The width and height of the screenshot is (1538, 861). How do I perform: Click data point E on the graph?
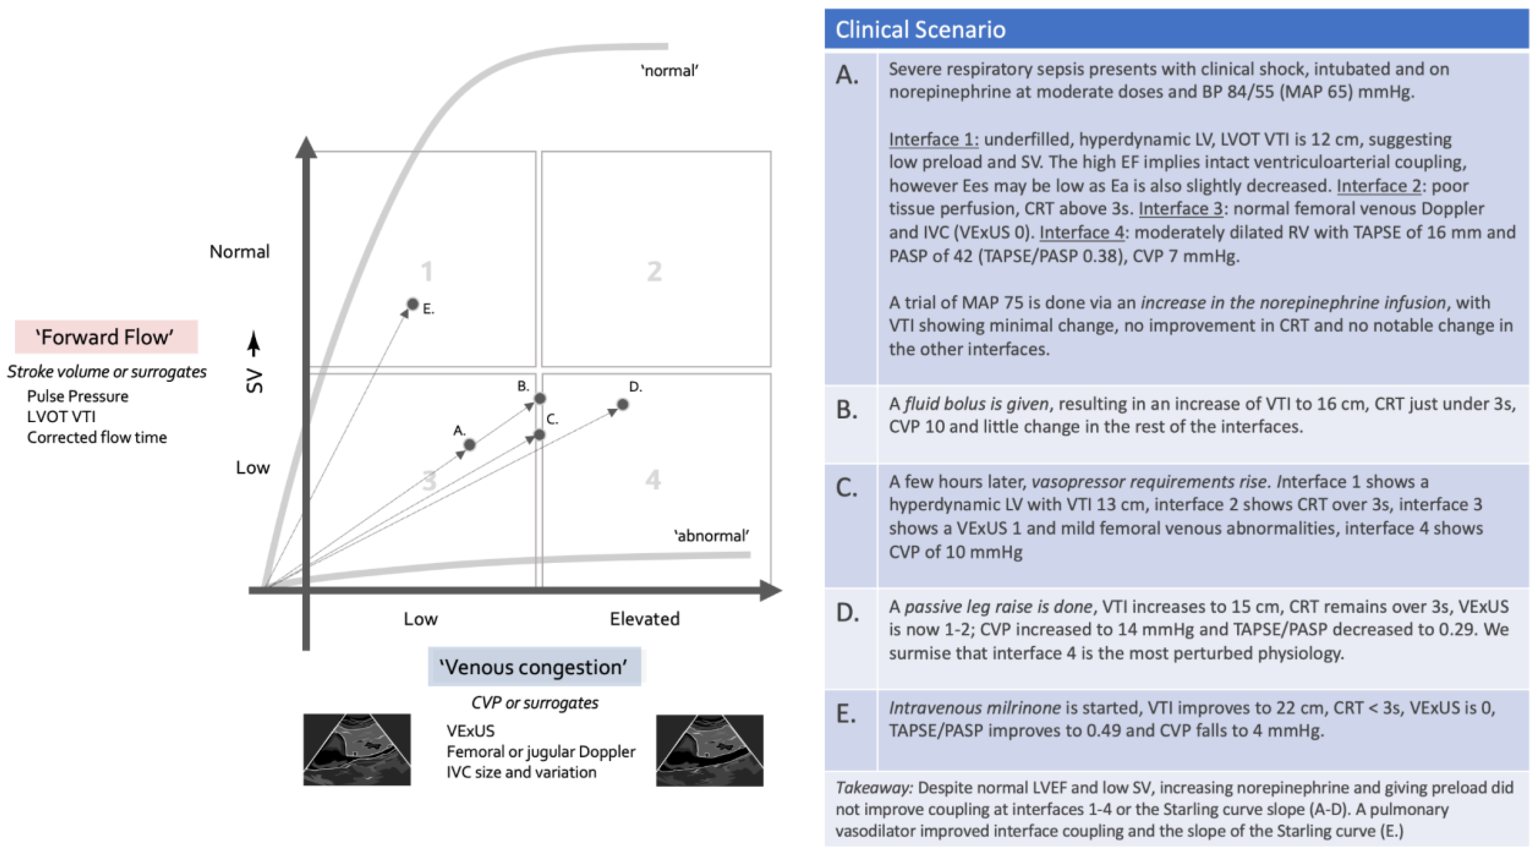pos(412,304)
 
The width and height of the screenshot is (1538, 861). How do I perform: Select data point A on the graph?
pos(469,444)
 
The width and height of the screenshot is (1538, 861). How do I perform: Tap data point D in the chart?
pos(623,404)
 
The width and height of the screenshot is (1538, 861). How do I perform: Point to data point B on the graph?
pos(540,398)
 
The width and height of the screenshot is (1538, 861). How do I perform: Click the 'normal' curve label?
pos(669,70)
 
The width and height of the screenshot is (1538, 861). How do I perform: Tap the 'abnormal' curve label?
pos(711,535)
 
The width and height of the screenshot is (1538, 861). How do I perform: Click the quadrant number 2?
pos(654,272)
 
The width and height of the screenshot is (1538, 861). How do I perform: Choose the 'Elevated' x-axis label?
pos(644,619)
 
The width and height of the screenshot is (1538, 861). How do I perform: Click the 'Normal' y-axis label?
pos(239,251)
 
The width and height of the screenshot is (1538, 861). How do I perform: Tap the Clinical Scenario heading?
pos(920,29)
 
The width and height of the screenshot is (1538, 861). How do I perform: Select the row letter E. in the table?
pos(846,713)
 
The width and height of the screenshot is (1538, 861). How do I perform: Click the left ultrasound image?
pos(357,749)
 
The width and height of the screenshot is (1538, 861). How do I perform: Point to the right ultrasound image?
pos(709,750)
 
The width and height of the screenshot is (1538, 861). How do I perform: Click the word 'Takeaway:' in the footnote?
pos(873,788)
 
